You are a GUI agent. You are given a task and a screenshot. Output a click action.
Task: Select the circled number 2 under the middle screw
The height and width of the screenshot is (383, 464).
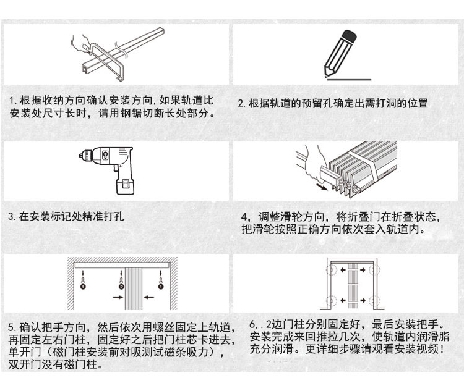[x=121, y=287]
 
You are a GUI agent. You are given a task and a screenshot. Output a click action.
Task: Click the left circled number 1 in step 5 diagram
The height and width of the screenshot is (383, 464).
[x=82, y=287]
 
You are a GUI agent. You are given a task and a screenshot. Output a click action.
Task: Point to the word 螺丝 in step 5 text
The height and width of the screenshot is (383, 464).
[x=177, y=327]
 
